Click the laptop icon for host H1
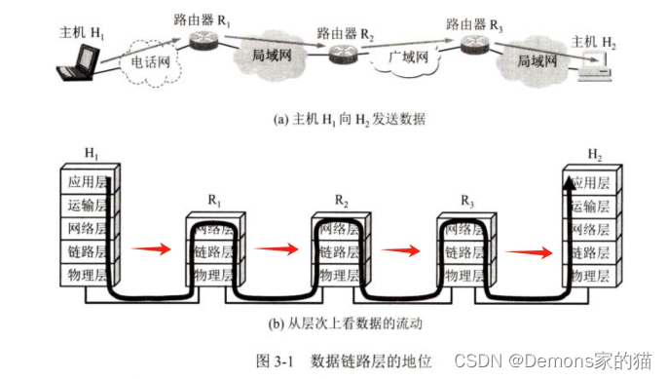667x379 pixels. click(78, 62)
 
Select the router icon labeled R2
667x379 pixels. click(343, 54)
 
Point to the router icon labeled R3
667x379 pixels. click(475, 45)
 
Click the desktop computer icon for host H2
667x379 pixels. click(595, 66)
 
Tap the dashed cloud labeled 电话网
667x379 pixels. click(150, 63)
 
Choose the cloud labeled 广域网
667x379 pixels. click(406, 58)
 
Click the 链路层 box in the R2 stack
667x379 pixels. click(339, 252)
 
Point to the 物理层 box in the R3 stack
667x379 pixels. click(464, 275)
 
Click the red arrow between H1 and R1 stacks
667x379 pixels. click(151, 248)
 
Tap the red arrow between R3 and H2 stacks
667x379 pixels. click(529, 252)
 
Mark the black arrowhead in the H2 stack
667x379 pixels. click(569, 184)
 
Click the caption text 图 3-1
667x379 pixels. click(275, 361)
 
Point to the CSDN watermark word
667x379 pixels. click(478, 360)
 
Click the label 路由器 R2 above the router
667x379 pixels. click(345, 34)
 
